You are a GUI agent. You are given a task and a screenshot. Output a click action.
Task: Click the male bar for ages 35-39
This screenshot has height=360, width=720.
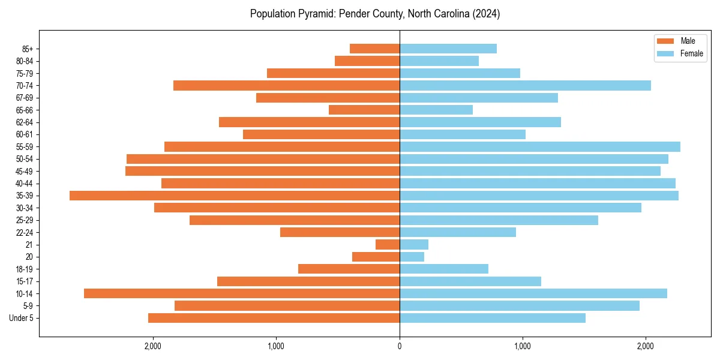tap(235, 196)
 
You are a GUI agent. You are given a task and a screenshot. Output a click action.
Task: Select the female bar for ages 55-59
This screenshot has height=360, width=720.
tap(540, 146)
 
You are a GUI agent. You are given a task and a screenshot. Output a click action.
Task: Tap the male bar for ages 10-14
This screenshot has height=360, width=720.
tap(242, 293)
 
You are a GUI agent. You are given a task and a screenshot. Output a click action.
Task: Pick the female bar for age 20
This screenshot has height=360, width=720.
tap(412, 257)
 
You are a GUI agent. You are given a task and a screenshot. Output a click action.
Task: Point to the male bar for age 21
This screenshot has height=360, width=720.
tap(388, 244)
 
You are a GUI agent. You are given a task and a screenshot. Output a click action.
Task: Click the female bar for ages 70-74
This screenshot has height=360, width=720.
tap(525, 85)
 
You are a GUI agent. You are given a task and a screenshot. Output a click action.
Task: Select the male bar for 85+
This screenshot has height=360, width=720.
tap(374, 49)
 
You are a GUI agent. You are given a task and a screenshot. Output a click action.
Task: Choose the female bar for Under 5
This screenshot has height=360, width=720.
tap(493, 318)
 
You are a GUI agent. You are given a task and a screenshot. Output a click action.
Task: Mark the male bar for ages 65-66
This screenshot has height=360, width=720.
tap(364, 110)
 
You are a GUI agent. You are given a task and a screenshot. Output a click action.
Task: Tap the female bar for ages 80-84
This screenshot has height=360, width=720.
tap(439, 61)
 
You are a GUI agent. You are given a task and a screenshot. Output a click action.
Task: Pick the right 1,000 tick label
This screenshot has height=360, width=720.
tap(523, 347)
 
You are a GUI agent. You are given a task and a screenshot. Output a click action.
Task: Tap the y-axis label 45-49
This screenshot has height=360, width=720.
tap(25, 171)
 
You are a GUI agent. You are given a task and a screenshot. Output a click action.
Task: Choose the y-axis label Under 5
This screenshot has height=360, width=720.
tap(21, 318)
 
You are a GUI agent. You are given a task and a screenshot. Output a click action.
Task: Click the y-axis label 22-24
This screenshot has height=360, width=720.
tap(25, 232)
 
